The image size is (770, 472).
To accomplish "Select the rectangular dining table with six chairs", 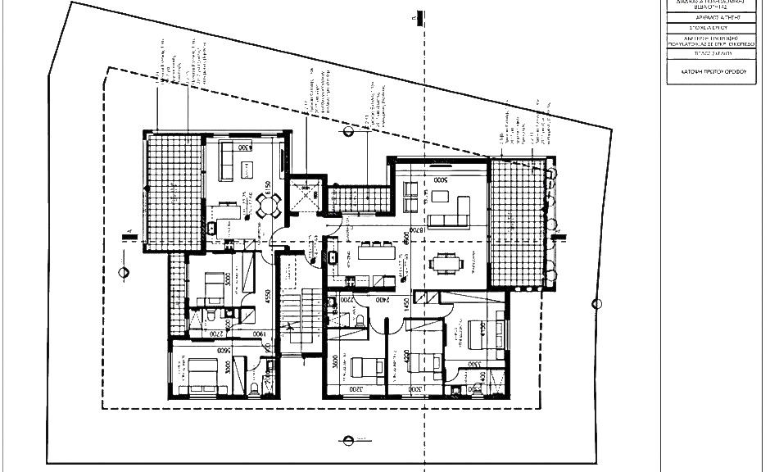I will point(445,263).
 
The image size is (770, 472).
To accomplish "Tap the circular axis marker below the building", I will point(349,440).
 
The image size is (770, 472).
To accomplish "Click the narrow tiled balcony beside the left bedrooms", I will point(176,295).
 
